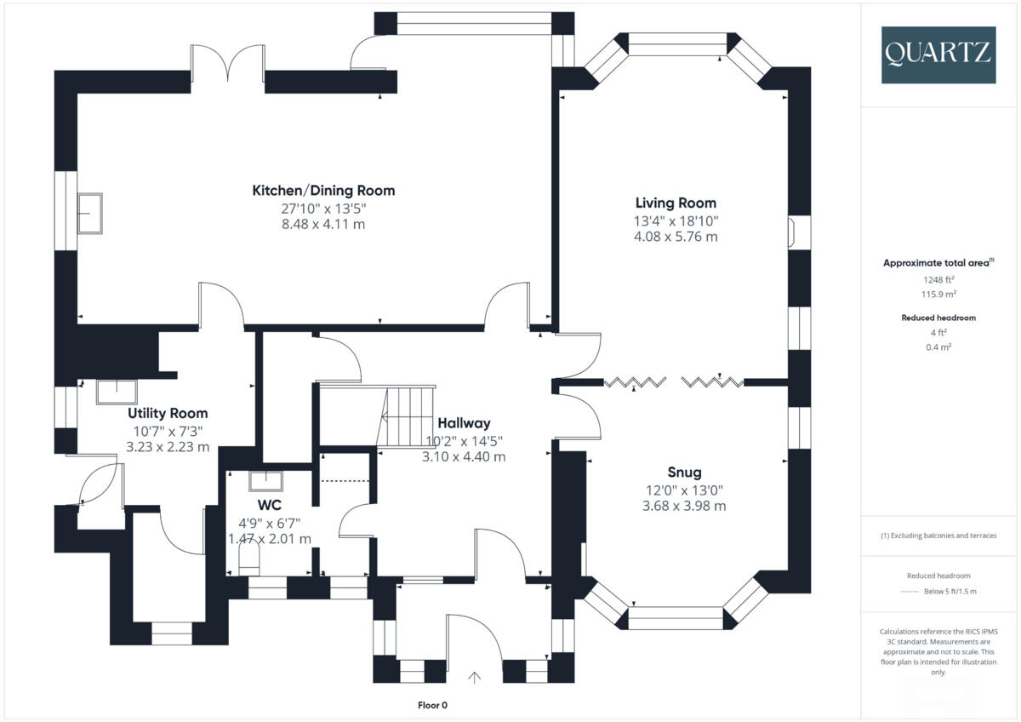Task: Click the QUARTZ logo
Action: (938, 54)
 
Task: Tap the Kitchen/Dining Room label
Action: (323, 190)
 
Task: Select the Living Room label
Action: (676, 203)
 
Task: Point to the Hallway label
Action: (464, 423)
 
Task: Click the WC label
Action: (270, 505)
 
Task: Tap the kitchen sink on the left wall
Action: (89, 213)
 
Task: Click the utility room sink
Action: (116, 392)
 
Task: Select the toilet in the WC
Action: (248, 560)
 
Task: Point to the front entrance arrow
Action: (475, 678)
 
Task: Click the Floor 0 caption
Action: (432, 705)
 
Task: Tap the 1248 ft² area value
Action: (939, 279)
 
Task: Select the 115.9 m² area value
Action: (939, 293)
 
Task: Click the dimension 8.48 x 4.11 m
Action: (323, 224)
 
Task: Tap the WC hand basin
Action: (266, 481)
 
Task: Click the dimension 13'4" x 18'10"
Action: (676, 220)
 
